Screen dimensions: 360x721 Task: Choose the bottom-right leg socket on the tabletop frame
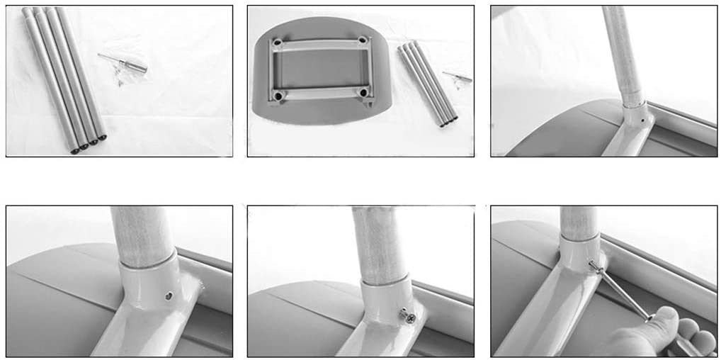click(x=363, y=92)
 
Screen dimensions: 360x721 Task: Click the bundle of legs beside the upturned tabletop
click(x=427, y=84)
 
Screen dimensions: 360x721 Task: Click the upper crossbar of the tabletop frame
click(x=320, y=44)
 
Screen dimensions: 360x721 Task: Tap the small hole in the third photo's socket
click(x=642, y=121)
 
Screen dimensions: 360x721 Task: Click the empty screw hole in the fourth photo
click(x=169, y=296)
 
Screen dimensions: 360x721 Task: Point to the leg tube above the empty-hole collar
click(x=142, y=234)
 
